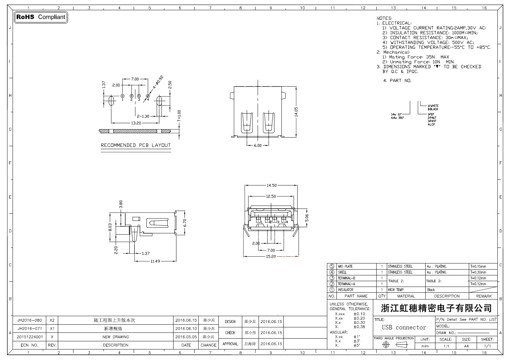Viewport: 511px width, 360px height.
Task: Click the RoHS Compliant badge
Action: (x=41, y=17)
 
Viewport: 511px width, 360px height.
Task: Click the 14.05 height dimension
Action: (x=296, y=112)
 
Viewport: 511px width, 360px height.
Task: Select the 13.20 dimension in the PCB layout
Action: (x=136, y=123)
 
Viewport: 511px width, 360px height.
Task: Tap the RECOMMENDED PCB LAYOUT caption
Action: (x=136, y=145)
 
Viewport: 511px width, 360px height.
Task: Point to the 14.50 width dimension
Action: (x=271, y=185)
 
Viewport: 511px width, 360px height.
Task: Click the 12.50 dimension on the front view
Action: (x=271, y=196)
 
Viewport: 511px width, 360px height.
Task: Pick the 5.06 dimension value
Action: (x=307, y=218)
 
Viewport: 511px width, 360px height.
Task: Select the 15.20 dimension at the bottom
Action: (x=271, y=256)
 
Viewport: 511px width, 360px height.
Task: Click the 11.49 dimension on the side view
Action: (x=155, y=261)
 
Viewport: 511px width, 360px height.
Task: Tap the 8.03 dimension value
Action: (x=110, y=227)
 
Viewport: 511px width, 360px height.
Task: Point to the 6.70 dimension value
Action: (x=185, y=223)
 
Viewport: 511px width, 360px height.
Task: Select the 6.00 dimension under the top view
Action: (x=258, y=145)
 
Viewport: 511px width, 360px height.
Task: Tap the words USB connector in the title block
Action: (x=404, y=327)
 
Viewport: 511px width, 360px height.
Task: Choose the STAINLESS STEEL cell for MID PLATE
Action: (x=400, y=266)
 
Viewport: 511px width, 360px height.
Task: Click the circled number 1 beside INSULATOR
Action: (x=332, y=290)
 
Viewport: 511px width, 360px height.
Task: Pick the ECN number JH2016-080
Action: (x=30, y=320)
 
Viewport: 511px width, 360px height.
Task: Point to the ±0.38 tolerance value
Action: (x=359, y=327)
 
